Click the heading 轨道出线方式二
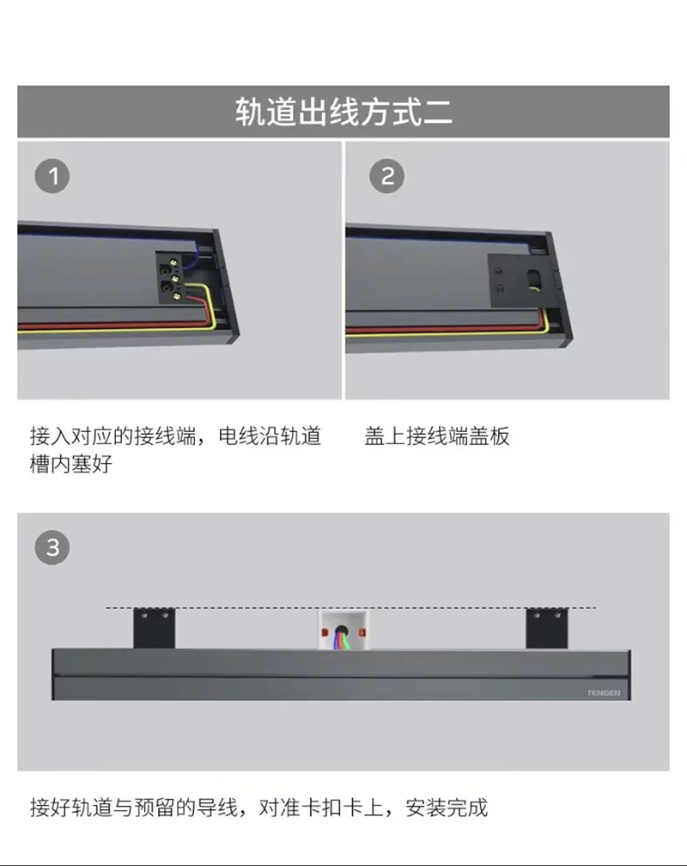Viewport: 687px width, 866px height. (343, 111)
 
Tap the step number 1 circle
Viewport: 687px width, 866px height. (52, 176)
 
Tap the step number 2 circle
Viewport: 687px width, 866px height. (387, 176)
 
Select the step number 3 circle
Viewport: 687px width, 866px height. (52, 548)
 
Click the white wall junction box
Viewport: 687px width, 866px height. (342, 630)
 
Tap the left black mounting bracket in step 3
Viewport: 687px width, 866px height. (154, 629)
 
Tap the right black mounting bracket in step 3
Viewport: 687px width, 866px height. (547, 629)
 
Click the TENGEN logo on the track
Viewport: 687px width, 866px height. (604, 692)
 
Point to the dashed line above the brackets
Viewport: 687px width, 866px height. (350, 608)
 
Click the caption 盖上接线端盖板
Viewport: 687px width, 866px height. (437, 436)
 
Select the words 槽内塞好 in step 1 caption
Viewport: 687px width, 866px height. (70, 464)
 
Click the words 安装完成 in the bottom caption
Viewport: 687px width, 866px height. (447, 808)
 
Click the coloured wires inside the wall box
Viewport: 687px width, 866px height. (340, 642)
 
